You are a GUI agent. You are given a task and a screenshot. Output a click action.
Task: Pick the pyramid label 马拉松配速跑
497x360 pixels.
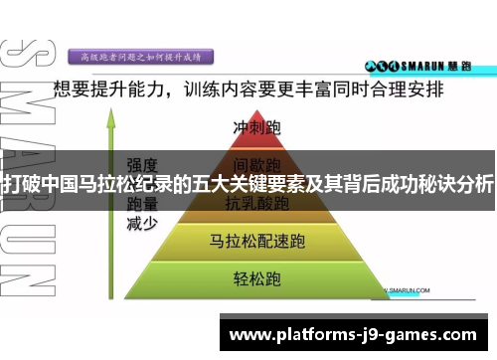(x=256, y=240)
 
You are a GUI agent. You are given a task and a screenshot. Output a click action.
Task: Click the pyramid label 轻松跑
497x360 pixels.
(x=256, y=275)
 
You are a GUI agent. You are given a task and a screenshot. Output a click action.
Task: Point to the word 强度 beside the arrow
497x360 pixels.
(x=140, y=164)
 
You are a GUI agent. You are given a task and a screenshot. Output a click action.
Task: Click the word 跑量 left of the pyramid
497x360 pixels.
(x=140, y=203)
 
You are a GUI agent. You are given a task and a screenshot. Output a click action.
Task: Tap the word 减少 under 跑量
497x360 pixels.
(x=140, y=222)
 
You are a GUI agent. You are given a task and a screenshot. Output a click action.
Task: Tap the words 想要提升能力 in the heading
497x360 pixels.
(x=109, y=90)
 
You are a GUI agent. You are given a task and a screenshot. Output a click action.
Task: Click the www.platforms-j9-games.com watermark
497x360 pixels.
(x=359, y=334)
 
